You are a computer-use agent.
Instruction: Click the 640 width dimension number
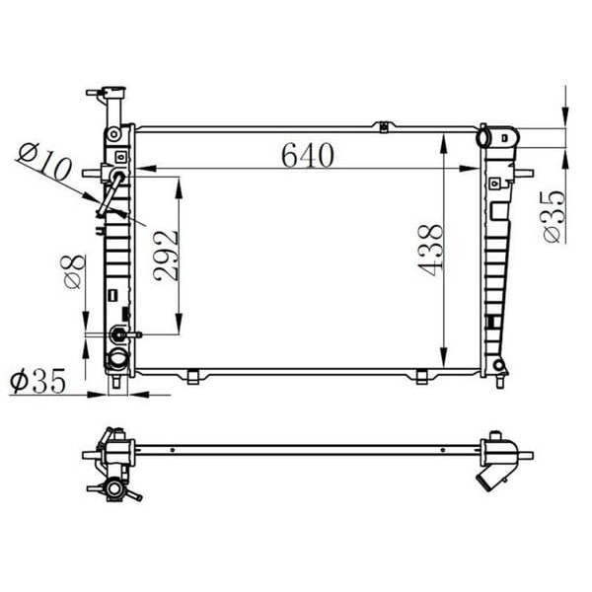307,155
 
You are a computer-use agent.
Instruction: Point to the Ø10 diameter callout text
44,162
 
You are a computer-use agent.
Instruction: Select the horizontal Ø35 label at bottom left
37,380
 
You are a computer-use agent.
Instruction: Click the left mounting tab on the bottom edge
193,376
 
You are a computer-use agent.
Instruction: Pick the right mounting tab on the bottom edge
421,376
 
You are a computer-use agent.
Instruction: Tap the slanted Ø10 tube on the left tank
110,193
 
